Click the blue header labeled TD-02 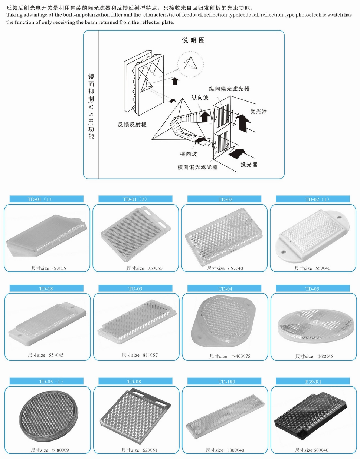225,199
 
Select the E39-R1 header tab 313,382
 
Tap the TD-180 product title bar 225,382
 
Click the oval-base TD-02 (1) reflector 313,235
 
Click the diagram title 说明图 193,40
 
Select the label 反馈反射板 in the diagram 132,125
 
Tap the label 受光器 258,111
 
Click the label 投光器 249,164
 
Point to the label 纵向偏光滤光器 229,89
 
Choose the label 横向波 189,154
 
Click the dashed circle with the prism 190,64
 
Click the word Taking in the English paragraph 14,15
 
